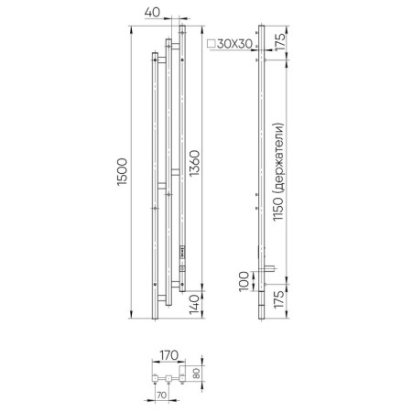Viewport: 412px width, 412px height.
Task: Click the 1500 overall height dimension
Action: [x=122, y=172]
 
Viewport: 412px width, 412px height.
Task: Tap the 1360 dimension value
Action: [x=194, y=163]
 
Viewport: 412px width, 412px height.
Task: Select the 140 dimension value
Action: [x=194, y=305]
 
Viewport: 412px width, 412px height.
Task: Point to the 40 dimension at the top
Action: [x=152, y=13]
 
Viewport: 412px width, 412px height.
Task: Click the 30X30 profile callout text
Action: [x=234, y=44]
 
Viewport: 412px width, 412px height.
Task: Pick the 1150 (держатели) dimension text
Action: [x=278, y=172]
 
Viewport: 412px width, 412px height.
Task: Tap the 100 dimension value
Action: [x=244, y=282]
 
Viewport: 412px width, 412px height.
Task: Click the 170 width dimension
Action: [x=169, y=355]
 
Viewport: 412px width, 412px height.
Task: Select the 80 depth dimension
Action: [x=197, y=373]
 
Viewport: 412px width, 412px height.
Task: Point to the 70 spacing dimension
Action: [x=161, y=395]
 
